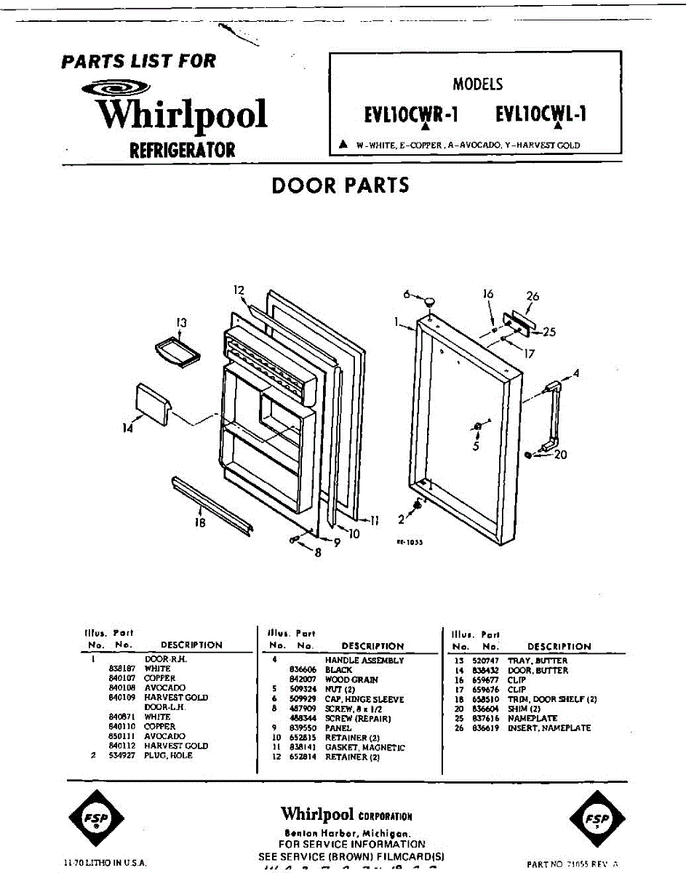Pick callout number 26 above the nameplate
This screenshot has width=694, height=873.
[533, 296]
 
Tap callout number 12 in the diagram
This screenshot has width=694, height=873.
[239, 290]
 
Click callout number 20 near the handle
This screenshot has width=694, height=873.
[560, 455]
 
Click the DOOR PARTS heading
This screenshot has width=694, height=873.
[340, 185]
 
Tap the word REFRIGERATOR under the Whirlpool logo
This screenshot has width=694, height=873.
[182, 150]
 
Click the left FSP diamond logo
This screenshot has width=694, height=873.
[95, 818]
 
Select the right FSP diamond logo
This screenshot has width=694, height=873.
[594, 818]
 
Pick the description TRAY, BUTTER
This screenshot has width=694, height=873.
[538, 661]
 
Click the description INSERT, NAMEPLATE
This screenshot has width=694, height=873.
[549, 727]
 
